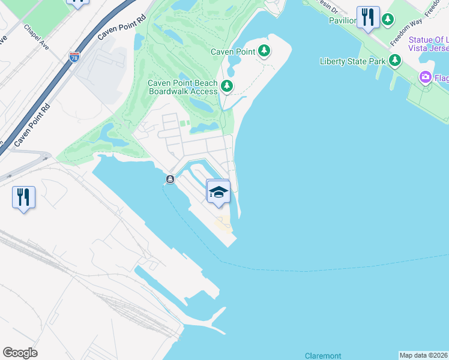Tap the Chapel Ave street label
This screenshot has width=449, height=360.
pyautogui.click(x=35, y=36)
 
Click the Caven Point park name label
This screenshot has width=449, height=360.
pyautogui.click(x=233, y=52)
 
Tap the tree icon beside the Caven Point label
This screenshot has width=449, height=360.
pyautogui.click(x=264, y=51)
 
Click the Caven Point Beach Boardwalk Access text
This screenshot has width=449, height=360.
pyautogui.click(x=182, y=87)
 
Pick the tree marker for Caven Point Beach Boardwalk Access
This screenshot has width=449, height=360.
pyautogui.click(x=226, y=87)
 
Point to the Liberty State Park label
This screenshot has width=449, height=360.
pyautogui.click(x=353, y=61)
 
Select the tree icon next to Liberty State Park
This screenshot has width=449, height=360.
pyautogui.click(x=394, y=60)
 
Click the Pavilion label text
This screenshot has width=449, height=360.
pyautogui.click(x=342, y=20)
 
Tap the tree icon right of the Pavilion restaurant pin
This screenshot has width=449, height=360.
pyautogui.click(x=388, y=20)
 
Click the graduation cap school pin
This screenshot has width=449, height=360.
pyautogui.click(x=218, y=192)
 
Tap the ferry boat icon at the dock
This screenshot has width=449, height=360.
pyautogui.click(x=170, y=179)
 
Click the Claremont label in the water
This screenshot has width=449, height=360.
pyautogui.click(x=323, y=355)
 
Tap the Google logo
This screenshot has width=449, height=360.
pyautogui.click(x=20, y=353)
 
